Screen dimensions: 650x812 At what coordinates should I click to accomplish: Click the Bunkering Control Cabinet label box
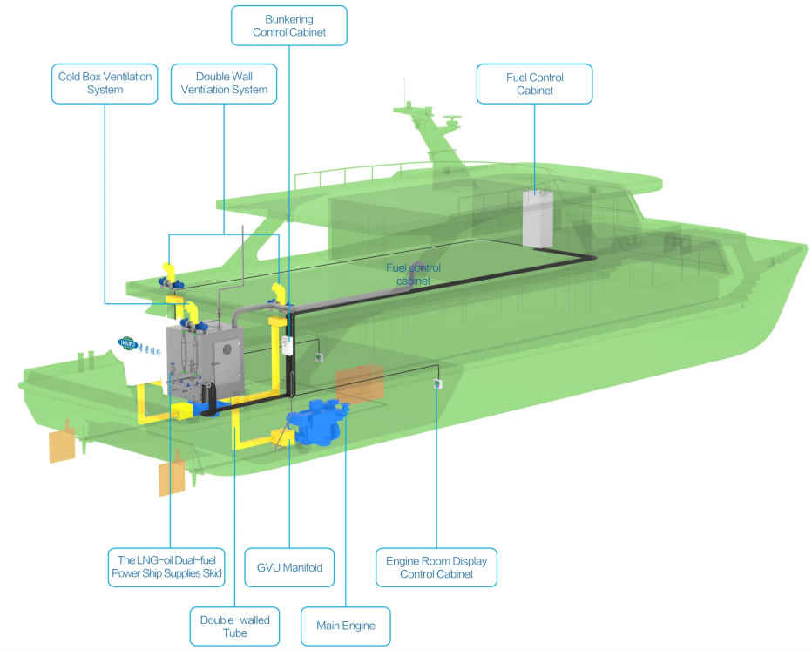(x=288, y=25)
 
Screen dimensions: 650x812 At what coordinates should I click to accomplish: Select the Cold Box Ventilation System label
(x=105, y=83)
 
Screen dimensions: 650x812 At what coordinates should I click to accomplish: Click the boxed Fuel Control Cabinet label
(x=534, y=84)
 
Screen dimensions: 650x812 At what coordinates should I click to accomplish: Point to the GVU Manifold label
(x=289, y=568)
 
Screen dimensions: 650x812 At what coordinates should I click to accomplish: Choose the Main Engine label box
(x=346, y=626)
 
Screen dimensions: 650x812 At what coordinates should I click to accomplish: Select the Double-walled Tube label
(x=234, y=626)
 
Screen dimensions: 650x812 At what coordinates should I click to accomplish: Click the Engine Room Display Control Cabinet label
(x=436, y=567)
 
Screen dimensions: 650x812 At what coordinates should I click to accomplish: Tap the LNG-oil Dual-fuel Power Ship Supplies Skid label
(x=166, y=567)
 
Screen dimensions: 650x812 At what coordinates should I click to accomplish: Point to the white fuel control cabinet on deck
(x=538, y=218)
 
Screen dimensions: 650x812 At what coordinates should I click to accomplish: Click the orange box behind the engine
(x=359, y=383)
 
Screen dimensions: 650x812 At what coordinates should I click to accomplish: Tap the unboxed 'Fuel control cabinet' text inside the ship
(x=413, y=274)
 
